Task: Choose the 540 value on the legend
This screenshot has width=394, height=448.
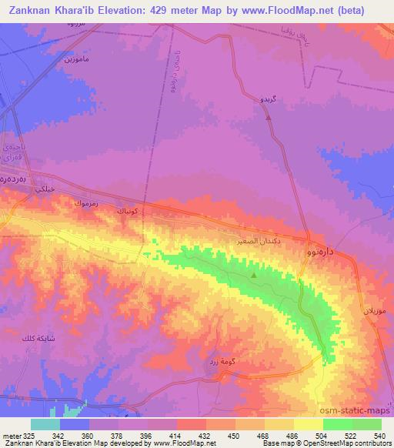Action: pyautogui.click(x=380, y=435)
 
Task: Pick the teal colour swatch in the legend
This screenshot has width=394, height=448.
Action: pyautogui.click(x=45, y=424)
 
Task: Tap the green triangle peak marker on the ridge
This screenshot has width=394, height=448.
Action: pyautogui.click(x=255, y=275)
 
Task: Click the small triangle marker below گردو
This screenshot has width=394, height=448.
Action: pyautogui.click(x=269, y=119)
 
